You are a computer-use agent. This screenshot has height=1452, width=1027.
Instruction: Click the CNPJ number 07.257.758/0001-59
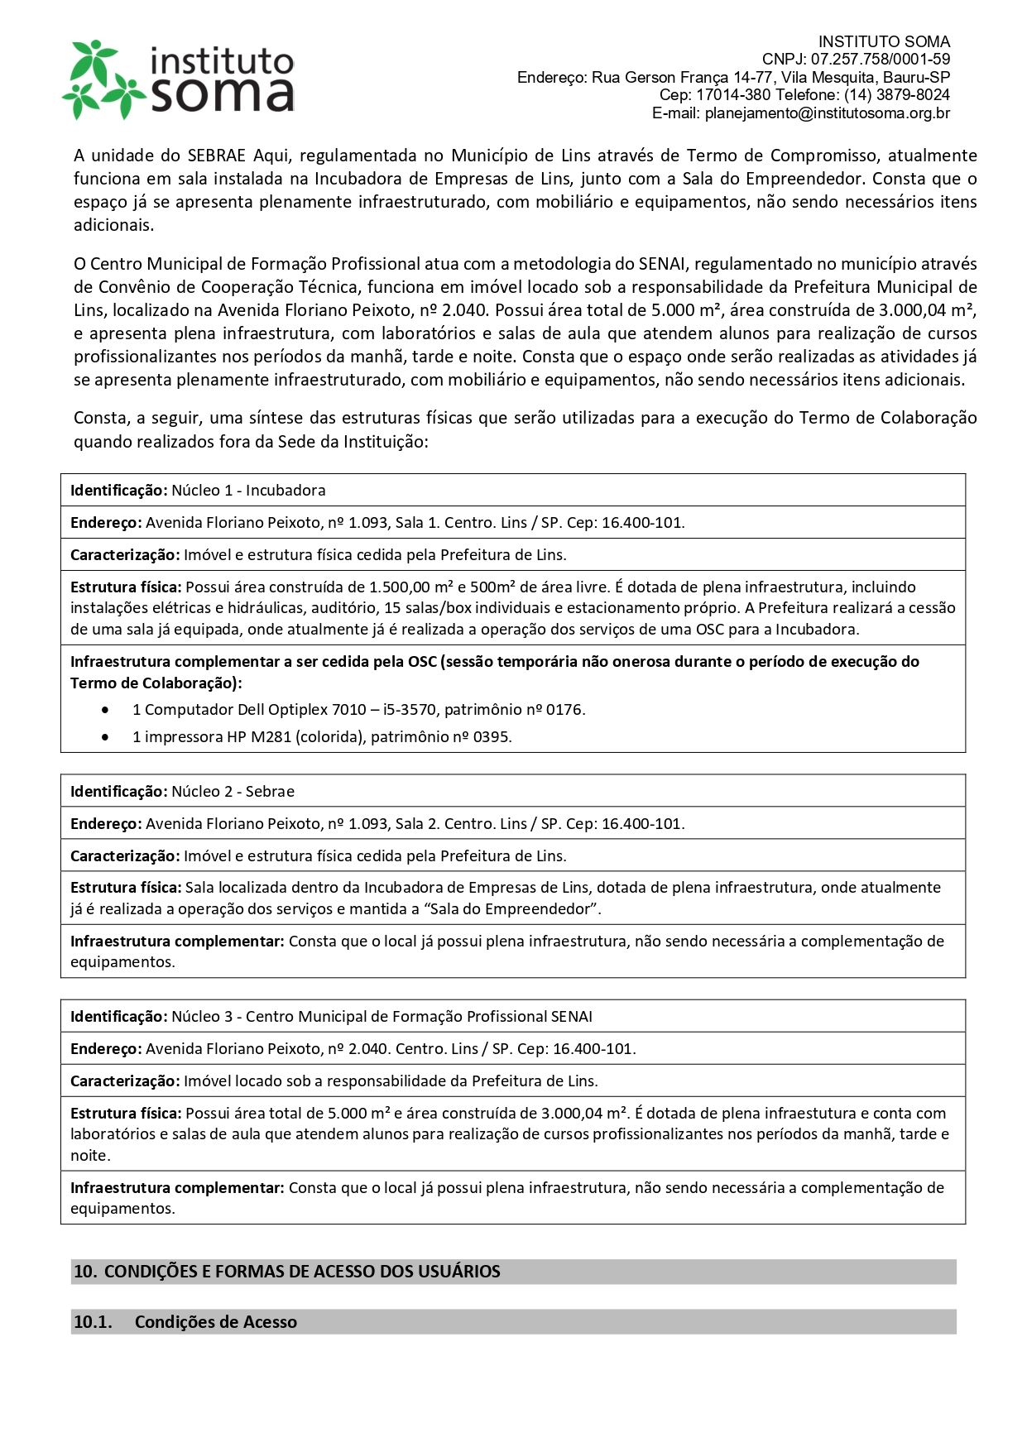coord(880,60)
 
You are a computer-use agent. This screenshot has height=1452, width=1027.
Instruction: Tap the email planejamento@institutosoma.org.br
coord(827,113)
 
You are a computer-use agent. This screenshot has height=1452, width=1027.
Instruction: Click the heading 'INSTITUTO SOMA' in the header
coord(884,41)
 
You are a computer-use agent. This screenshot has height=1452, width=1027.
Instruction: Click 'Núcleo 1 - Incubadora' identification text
coord(248,491)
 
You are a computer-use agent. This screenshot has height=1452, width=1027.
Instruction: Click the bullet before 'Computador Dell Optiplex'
coord(105,710)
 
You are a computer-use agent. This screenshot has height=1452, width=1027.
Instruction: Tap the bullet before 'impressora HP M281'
coord(105,737)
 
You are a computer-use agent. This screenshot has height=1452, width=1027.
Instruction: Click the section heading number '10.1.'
coord(93,1322)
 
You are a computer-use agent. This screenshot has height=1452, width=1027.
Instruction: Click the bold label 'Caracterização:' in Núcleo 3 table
coord(125,1081)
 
